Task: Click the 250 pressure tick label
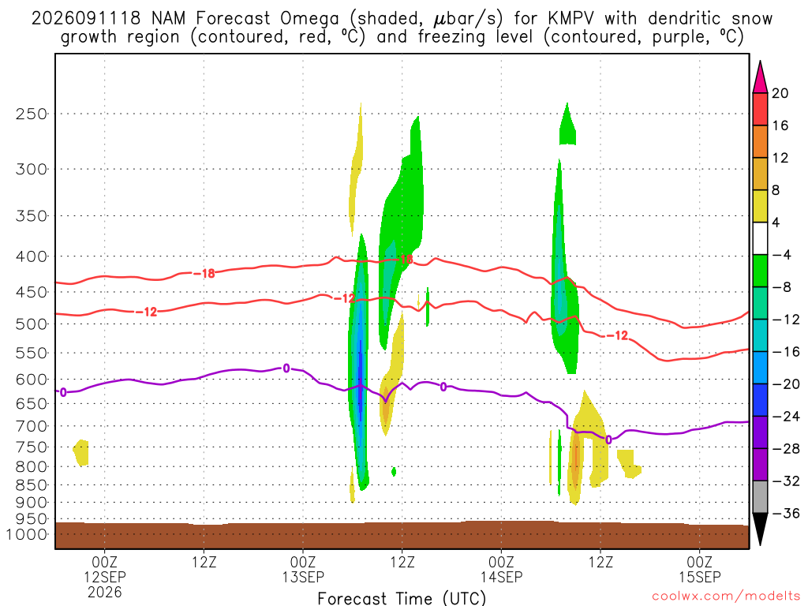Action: (32, 114)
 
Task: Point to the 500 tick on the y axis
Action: (32, 324)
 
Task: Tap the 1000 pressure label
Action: (27, 534)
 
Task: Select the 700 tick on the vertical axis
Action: (32, 426)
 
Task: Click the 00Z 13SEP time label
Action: (303, 569)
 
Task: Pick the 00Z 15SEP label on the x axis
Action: (700, 569)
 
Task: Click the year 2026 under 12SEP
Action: (105, 592)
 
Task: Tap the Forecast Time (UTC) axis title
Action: (402, 598)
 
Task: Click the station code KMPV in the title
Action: (570, 19)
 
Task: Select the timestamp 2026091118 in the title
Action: (85, 19)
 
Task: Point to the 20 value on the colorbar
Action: (780, 93)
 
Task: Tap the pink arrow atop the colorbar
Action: (760, 77)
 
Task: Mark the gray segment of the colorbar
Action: (760, 497)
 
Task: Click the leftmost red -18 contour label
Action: (204, 274)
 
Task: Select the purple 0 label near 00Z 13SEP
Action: (286, 368)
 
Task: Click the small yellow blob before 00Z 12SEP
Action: (81, 452)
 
